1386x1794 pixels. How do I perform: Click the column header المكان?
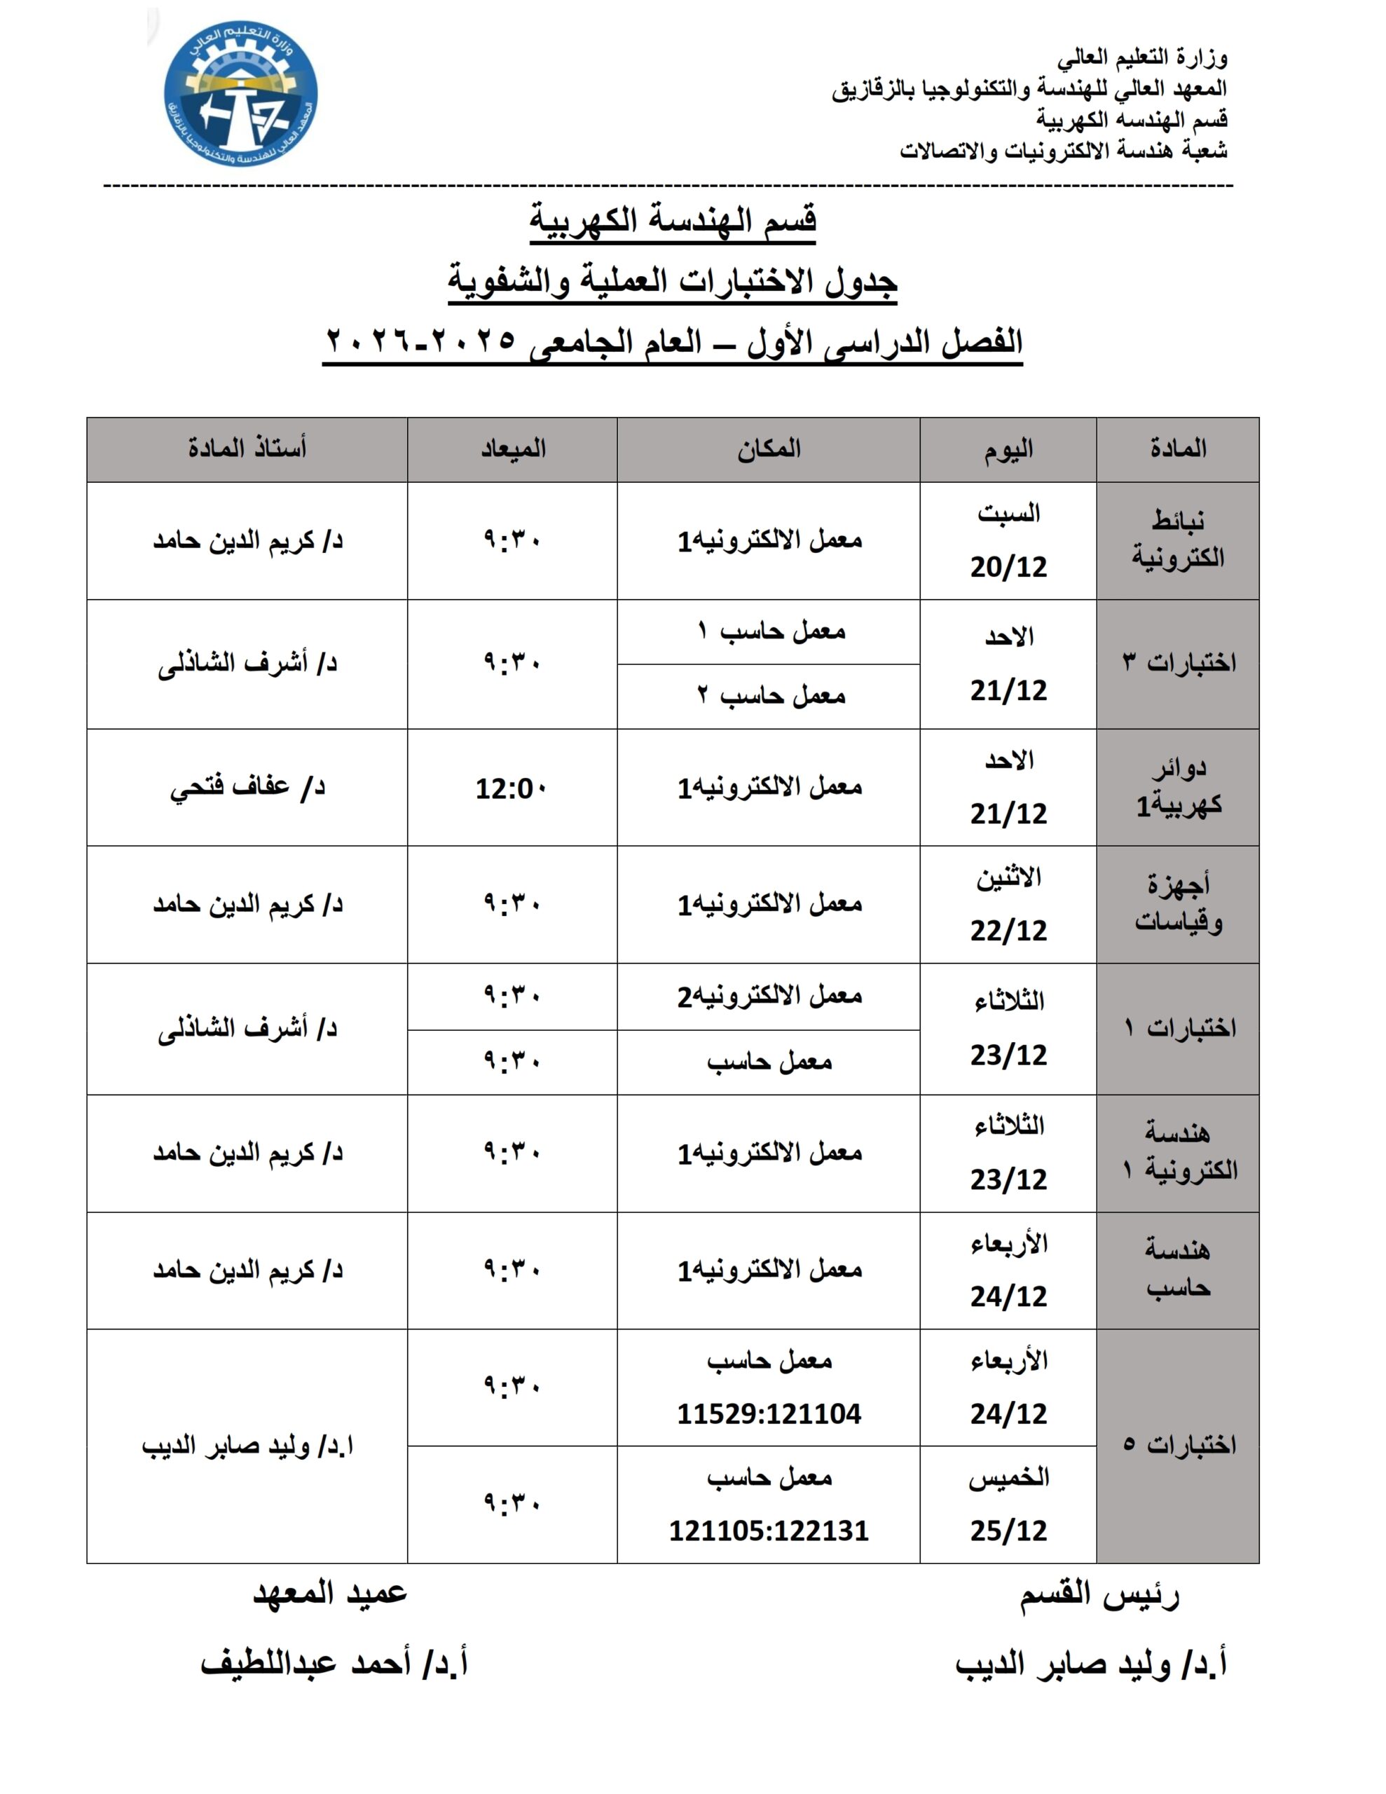coord(768,448)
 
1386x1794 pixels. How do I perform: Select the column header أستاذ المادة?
coord(247,448)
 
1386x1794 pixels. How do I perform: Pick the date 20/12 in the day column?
coord(1008,567)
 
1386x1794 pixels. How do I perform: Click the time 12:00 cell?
coord(511,788)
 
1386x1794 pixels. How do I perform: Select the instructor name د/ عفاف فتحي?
coord(247,787)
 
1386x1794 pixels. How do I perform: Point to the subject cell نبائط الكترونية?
coord(1177,540)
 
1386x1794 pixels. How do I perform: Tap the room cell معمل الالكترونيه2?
coord(769,997)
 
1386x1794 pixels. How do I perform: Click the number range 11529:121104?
coord(768,1413)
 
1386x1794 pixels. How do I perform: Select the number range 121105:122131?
coord(768,1531)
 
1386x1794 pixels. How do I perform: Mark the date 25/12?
coord(1008,1531)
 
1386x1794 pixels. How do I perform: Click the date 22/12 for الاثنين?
coord(1008,931)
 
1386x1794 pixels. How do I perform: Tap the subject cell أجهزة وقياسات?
coord(1177,903)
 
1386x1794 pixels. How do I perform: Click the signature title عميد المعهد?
coord(329,1593)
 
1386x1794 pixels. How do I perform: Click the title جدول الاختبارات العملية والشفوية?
coord(672,281)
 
